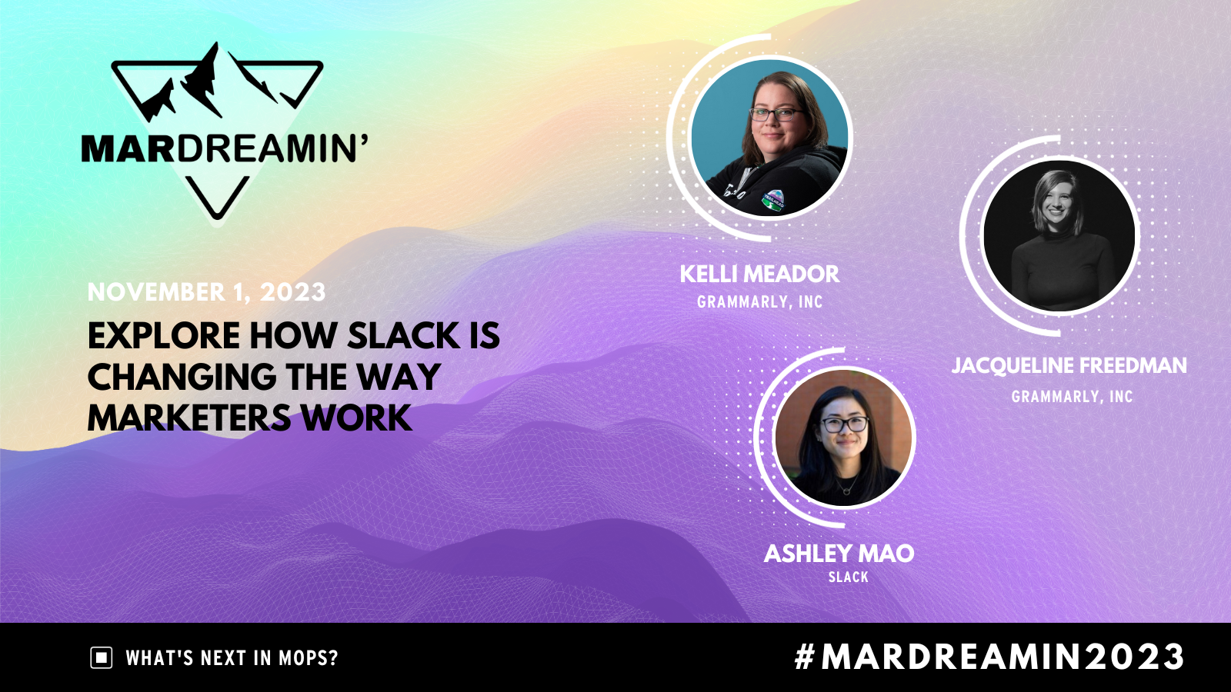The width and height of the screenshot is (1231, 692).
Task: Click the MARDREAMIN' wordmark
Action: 224,148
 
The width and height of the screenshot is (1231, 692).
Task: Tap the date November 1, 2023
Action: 206,292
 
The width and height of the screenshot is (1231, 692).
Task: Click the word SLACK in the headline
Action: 403,336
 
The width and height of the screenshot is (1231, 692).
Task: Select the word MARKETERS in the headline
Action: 189,418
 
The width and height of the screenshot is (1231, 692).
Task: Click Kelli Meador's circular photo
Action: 769,138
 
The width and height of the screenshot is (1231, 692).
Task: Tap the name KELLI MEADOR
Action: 759,274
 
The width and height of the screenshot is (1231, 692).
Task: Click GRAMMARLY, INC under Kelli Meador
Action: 759,302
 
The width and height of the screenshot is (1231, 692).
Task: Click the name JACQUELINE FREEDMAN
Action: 1069,366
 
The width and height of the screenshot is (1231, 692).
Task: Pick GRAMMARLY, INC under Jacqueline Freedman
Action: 1072,397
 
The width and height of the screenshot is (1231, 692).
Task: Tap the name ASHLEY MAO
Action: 839,554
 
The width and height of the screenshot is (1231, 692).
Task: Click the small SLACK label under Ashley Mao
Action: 848,577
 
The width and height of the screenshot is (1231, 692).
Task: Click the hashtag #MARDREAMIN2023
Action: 989,657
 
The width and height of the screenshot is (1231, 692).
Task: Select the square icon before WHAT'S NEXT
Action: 102,658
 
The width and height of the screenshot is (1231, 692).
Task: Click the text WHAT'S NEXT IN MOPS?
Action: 232,658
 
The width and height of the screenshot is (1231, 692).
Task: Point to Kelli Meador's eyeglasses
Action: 775,115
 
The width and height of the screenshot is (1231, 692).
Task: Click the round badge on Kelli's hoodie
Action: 772,198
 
